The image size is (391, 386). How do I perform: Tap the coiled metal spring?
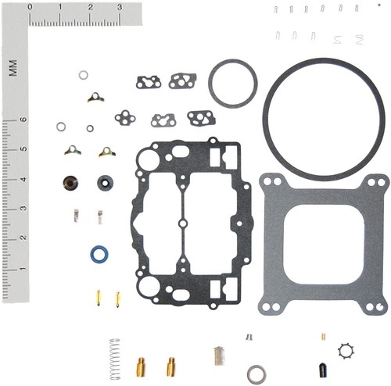click(x=115, y=359)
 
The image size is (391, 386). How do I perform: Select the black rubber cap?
click(x=323, y=370)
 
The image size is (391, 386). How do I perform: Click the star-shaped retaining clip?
click(x=346, y=351)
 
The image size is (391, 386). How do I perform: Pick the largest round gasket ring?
click(x=264, y=117)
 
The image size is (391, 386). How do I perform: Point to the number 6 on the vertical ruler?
click(x=23, y=120)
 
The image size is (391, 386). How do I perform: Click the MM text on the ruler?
click(x=13, y=68)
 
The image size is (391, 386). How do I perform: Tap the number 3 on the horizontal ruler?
click(x=120, y=7)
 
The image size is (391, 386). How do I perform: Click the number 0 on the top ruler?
click(x=30, y=7)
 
